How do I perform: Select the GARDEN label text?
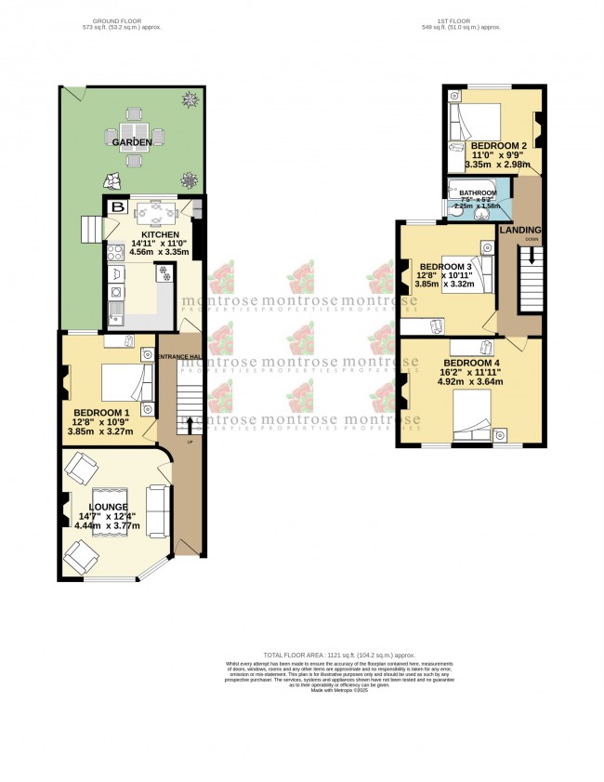coord(133,142)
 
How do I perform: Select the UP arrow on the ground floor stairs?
coord(190,424)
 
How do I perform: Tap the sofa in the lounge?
coord(158,511)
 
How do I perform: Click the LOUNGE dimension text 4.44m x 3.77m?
coord(107,525)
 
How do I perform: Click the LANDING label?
coord(520,230)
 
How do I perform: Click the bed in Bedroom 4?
coord(471,417)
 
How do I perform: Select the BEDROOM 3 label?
coord(442,266)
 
